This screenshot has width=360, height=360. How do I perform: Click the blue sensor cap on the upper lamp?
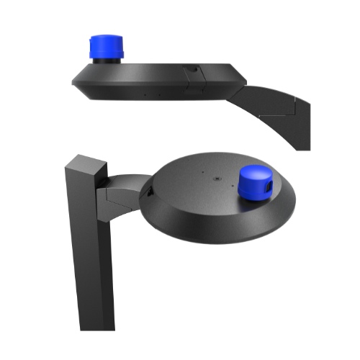(107, 48)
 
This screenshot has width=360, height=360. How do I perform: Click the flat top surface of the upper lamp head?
(158, 67)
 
